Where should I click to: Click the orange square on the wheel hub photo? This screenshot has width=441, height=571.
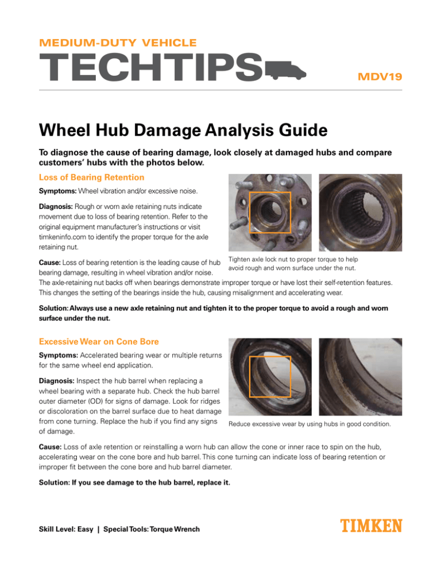[270, 213]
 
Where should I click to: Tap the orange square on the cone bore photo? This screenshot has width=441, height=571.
[270, 376]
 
